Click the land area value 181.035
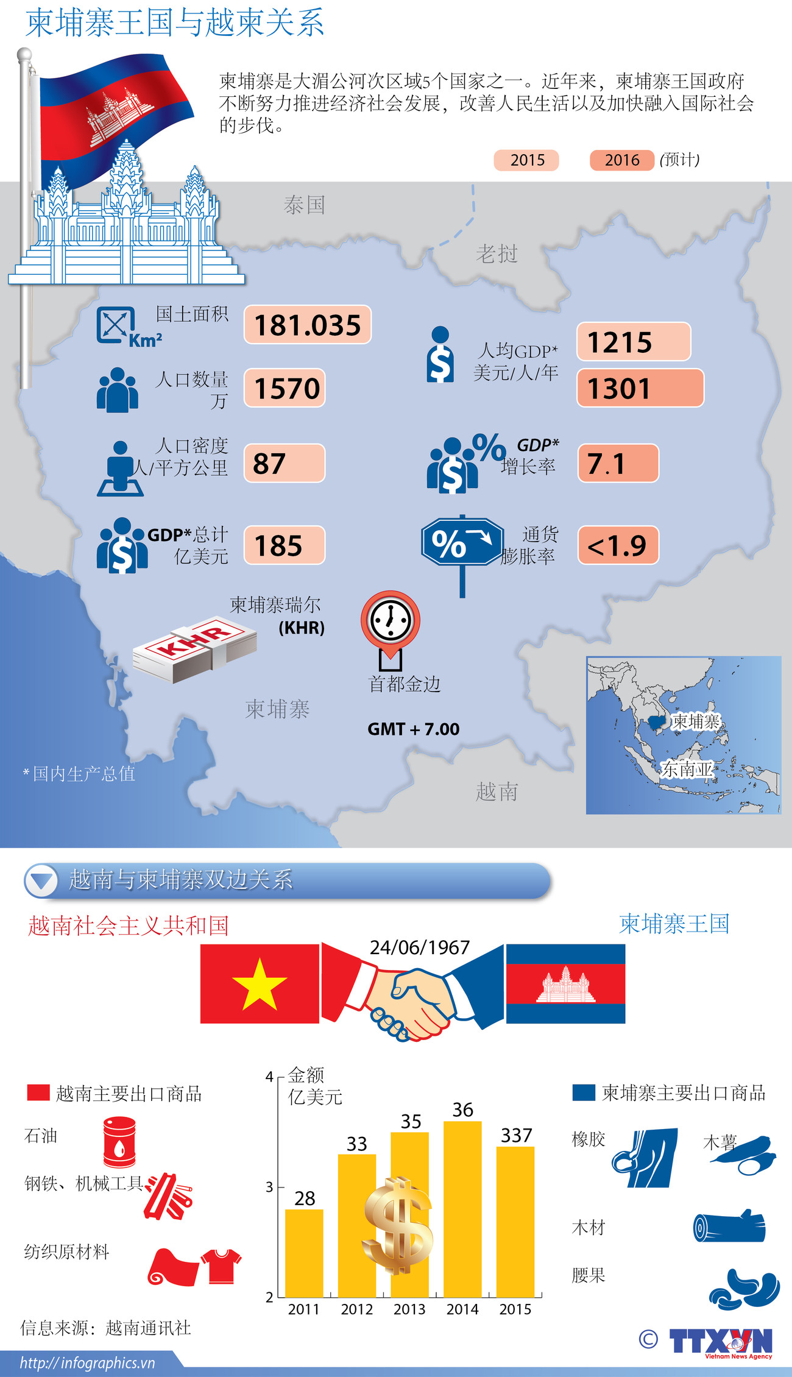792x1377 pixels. [x=308, y=325]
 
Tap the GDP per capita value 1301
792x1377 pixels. [x=640, y=388]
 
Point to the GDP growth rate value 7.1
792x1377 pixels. [x=618, y=464]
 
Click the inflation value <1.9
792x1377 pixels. [x=618, y=545]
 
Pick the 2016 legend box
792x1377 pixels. [x=621, y=160]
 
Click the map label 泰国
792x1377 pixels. [x=304, y=205]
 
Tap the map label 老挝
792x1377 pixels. [x=497, y=253]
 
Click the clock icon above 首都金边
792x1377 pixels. [x=391, y=620]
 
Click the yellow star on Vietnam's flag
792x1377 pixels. [x=260, y=983]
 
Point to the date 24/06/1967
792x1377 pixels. [x=420, y=947]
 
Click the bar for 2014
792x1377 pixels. [x=462, y=1209]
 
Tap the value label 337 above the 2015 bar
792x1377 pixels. [x=516, y=1136]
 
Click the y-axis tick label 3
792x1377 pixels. [x=269, y=1187]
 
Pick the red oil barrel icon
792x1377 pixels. [x=119, y=1141]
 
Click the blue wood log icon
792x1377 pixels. [x=729, y=1226]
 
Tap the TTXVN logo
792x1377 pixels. [x=720, y=1342]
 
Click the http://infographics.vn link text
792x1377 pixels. [x=88, y=1363]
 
